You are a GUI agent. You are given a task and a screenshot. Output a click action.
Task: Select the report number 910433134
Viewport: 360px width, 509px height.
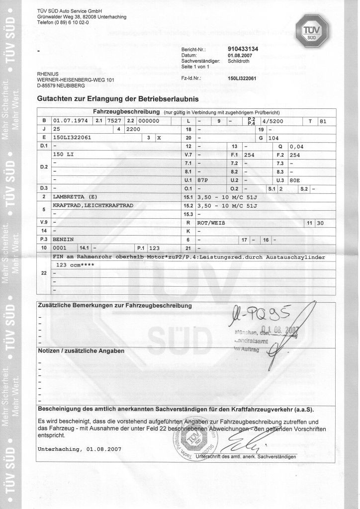(x=243, y=50)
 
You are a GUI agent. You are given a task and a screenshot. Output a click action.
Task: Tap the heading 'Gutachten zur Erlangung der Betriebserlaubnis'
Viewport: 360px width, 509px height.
(x=118, y=98)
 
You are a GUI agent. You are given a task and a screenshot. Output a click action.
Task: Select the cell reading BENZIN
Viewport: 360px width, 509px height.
(x=63, y=239)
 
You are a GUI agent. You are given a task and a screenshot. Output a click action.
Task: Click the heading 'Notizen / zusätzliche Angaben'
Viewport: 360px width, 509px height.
(x=81, y=350)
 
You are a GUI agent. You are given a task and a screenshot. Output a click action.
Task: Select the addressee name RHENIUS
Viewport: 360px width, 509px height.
(x=48, y=75)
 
